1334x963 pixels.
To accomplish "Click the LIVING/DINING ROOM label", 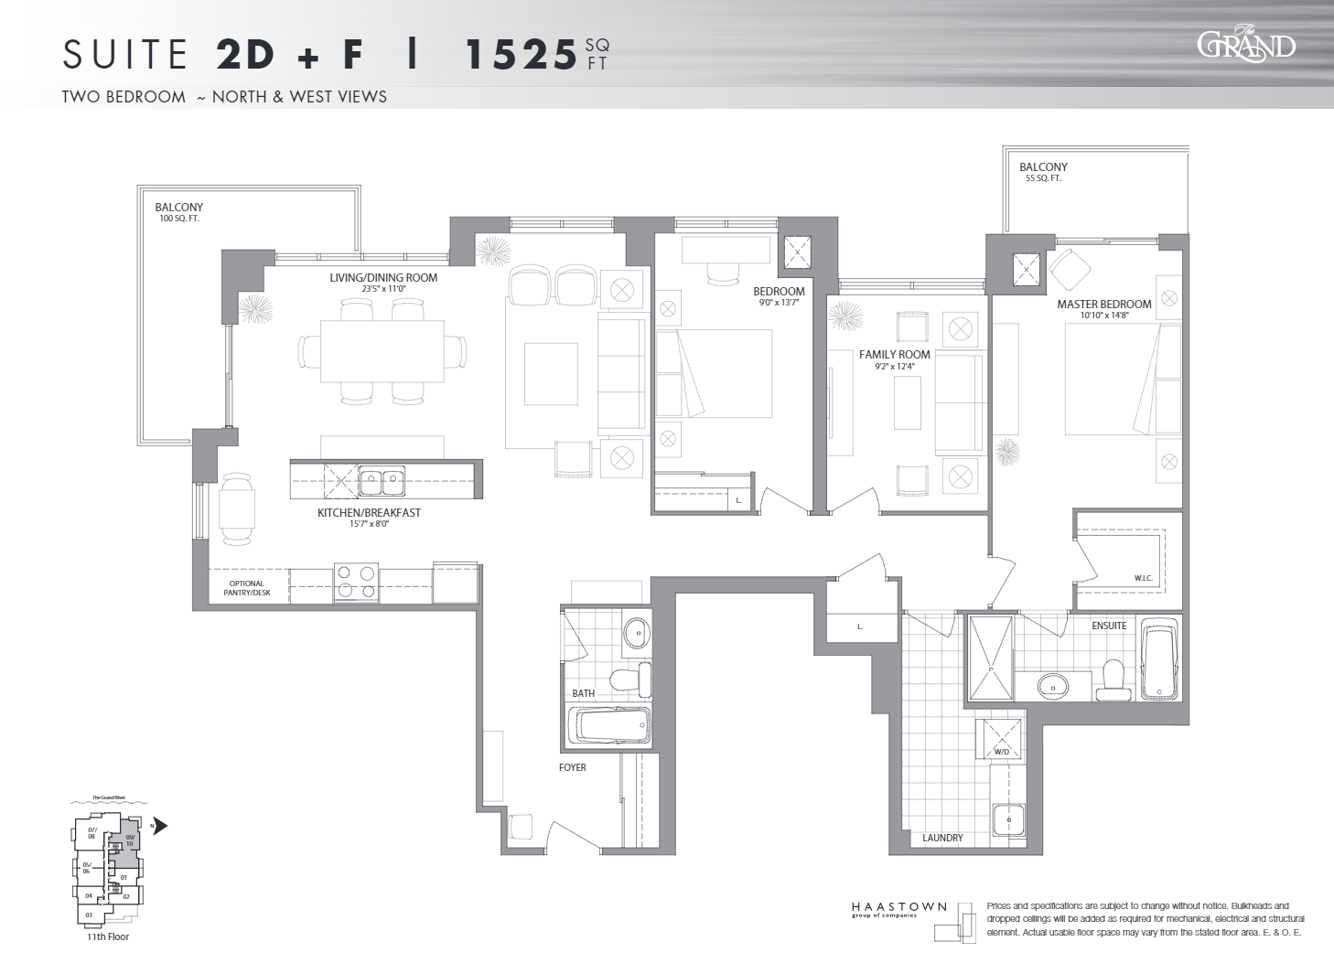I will (x=383, y=277).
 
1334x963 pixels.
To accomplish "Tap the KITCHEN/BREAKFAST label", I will (x=369, y=512).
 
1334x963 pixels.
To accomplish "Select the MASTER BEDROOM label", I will (x=1103, y=304).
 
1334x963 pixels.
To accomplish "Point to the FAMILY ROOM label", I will (x=894, y=354).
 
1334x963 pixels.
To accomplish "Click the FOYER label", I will (x=573, y=767).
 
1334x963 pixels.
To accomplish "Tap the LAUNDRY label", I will (x=942, y=838).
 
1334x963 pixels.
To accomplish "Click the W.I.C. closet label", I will (x=1143, y=578).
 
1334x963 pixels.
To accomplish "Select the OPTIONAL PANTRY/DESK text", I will (x=246, y=588).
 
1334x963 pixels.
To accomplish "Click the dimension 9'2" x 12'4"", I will (x=894, y=367).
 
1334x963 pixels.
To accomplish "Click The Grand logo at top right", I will (x=1246, y=43).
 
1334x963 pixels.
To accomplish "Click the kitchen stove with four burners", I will (x=356, y=583).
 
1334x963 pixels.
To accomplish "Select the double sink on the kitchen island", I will (x=382, y=478).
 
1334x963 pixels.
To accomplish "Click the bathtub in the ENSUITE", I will (x=1159, y=658).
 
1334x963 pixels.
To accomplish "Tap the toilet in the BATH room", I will (x=630, y=679).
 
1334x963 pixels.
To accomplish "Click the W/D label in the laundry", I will (x=1001, y=753).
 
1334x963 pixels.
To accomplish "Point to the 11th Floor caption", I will (x=107, y=936).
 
